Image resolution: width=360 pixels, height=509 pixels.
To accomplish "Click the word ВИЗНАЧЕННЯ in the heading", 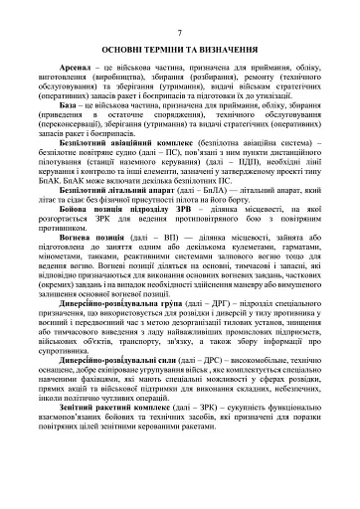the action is (x=234, y=49).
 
